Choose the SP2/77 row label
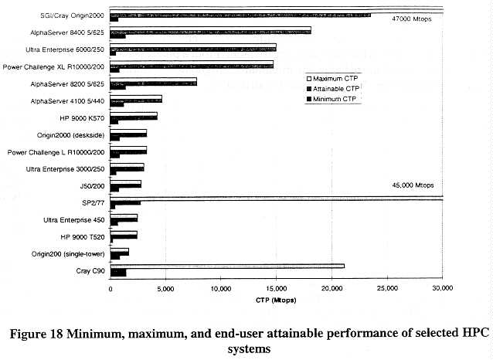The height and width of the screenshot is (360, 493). point(93,202)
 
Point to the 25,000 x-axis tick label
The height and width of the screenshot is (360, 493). point(386,288)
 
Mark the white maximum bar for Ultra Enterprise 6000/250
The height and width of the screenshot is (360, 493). point(193,46)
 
